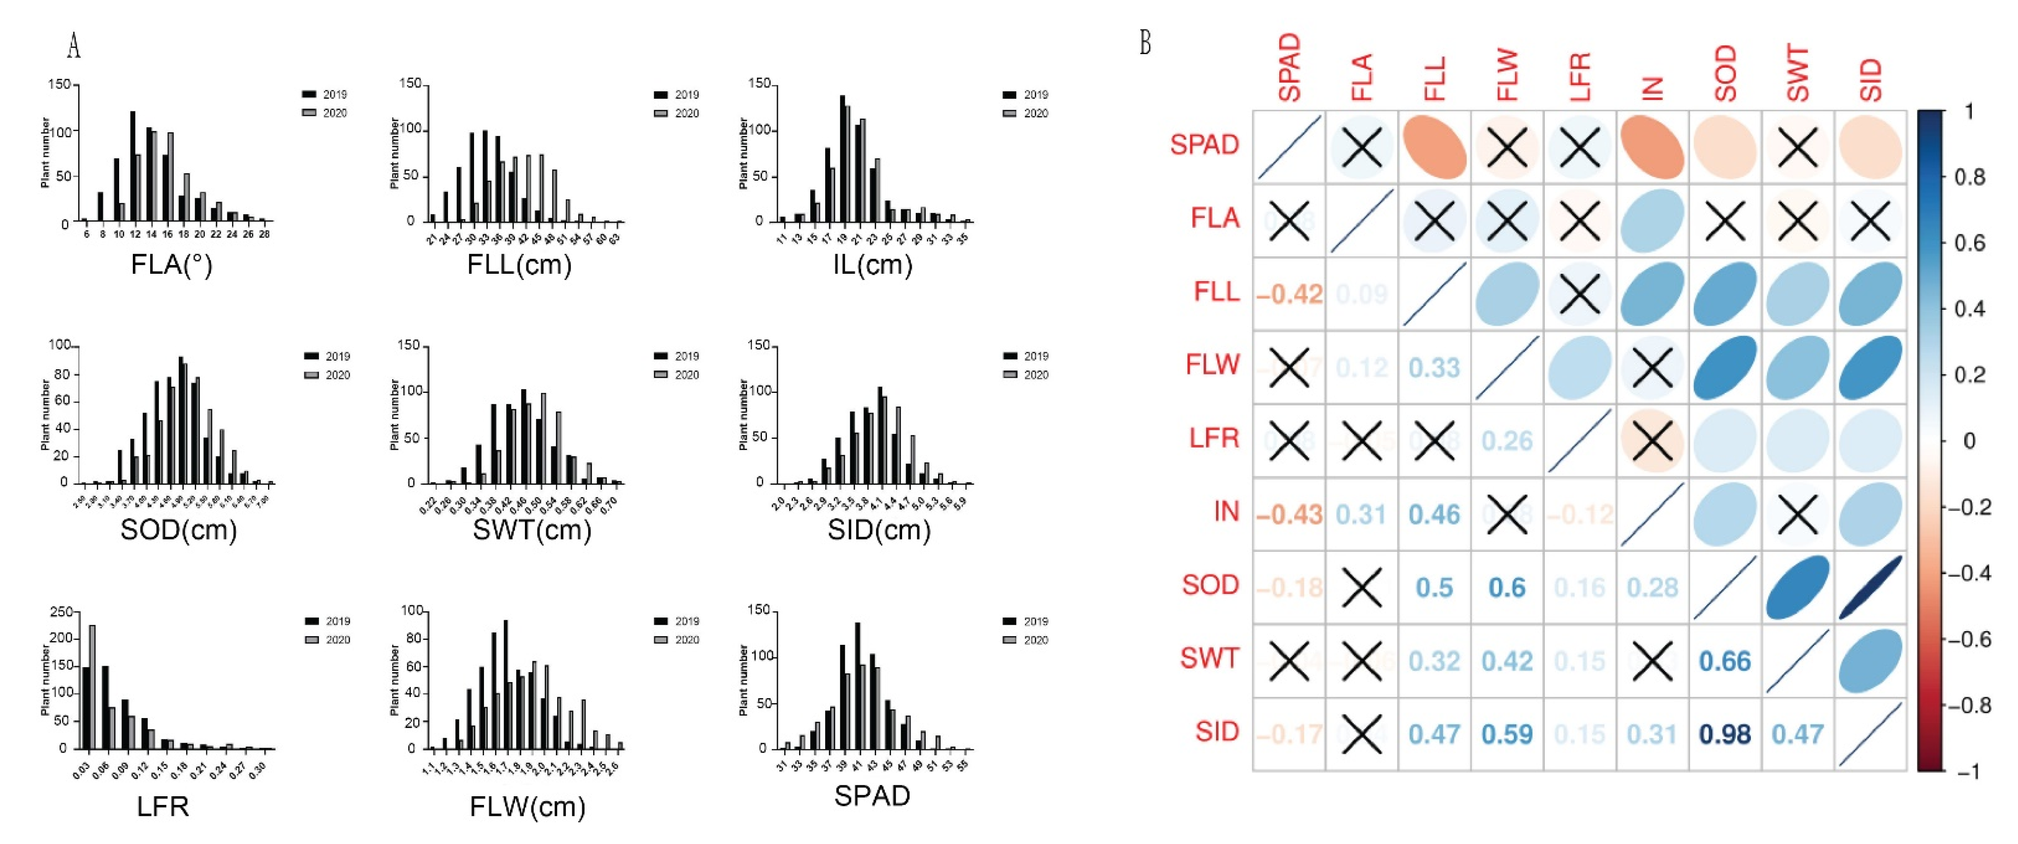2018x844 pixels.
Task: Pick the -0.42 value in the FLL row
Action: click(x=1289, y=294)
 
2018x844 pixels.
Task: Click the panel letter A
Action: click(x=74, y=46)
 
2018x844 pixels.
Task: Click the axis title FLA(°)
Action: click(x=172, y=265)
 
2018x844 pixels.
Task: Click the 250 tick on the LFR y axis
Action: click(x=61, y=612)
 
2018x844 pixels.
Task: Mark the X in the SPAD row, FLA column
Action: click(x=1362, y=146)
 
